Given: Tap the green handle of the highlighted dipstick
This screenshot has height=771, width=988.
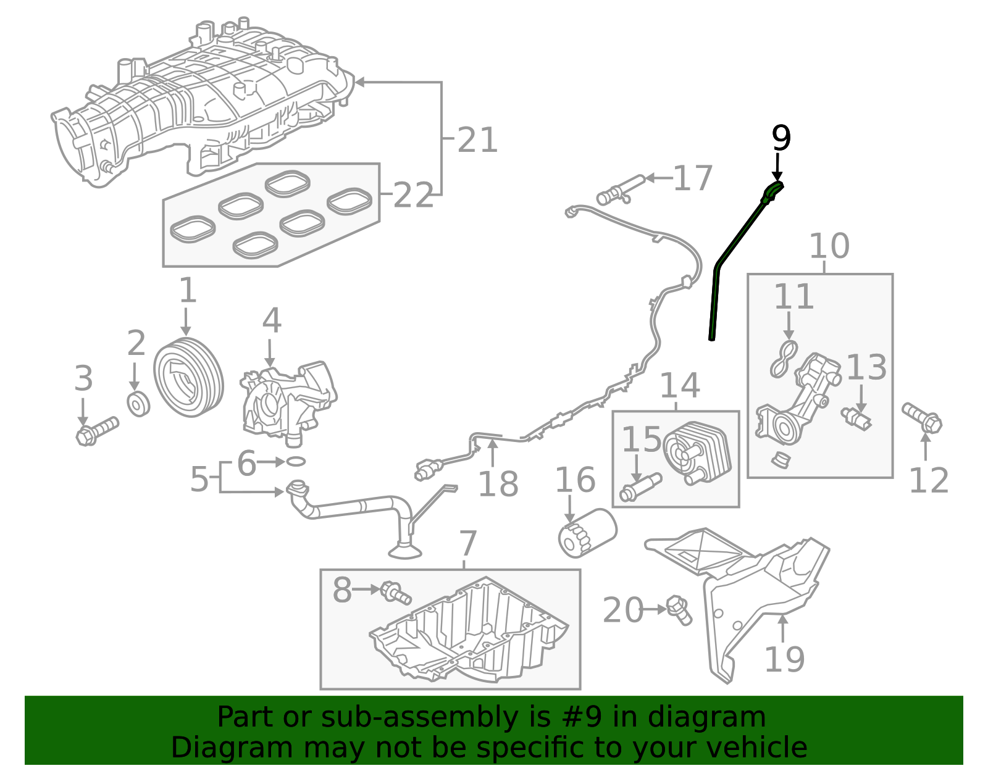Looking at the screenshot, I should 772,191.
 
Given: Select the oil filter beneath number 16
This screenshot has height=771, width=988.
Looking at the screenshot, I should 587,531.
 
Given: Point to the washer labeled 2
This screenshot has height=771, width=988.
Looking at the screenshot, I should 138,404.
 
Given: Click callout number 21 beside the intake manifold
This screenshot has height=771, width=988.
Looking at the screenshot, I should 477,140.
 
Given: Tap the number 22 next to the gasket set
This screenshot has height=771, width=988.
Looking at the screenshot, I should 412,196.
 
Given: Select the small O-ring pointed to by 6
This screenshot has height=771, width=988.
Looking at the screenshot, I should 296,461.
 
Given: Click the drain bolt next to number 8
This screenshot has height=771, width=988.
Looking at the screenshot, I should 396,593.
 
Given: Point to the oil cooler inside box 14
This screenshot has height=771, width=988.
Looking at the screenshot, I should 697,454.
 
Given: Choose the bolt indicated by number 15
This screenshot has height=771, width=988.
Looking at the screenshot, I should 640,488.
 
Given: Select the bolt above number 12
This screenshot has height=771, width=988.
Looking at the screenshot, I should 922,418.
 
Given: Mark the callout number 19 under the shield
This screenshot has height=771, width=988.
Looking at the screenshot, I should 784,659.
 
